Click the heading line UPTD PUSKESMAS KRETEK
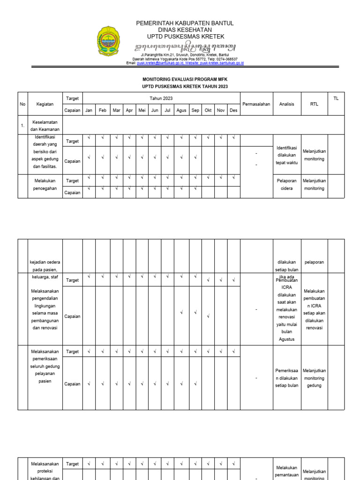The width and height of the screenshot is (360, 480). coord(185,37)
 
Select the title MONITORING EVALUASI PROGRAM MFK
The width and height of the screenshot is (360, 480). coord(185,80)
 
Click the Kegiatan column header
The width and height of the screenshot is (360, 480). coord(45,104)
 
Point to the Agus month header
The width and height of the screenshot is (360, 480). coord(181,111)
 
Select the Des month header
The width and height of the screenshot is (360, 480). coord(233,111)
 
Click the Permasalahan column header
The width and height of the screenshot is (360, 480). coord(256,104)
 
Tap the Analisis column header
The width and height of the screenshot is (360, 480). coord(286,104)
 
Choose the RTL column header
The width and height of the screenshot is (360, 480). coord(314,104)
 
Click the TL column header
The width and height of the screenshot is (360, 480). coord(335,98)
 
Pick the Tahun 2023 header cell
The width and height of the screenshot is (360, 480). coord(161,98)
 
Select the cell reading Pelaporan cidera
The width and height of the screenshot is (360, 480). coord(286,185)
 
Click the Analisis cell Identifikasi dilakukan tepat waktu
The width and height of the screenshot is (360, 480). coord(286,155)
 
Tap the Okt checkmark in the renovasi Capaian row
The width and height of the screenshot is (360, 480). coord(208,316)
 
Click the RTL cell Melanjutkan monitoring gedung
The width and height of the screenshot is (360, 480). coord(314,378)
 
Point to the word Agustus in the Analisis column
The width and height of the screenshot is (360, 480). coord(286,339)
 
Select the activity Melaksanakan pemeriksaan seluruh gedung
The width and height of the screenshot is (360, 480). coord(45,366)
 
